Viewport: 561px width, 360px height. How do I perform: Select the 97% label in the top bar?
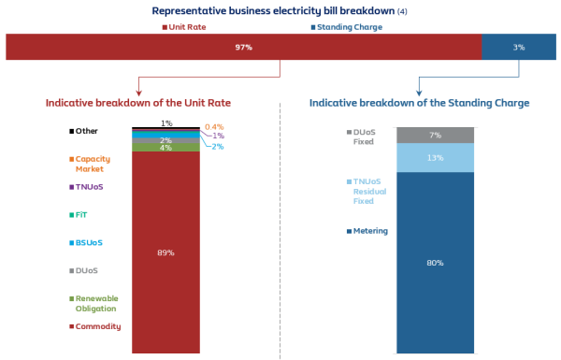click(x=243, y=45)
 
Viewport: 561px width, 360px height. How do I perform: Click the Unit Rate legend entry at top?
click(x=193, y=27)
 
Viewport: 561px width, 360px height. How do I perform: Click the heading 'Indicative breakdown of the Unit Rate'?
click(x=139, y=102)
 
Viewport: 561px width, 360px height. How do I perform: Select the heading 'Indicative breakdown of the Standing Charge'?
click(x=420, y=102)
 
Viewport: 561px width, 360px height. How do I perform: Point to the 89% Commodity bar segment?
click(x=165, y=252)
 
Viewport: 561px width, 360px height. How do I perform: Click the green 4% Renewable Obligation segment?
click(x=165, y=148)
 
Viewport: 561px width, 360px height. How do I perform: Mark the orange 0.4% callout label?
click(x=214, y=125)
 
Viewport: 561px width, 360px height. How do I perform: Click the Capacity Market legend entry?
click(x=92, y=164)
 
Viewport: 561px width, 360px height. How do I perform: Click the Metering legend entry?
click(x=369, y=230)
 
